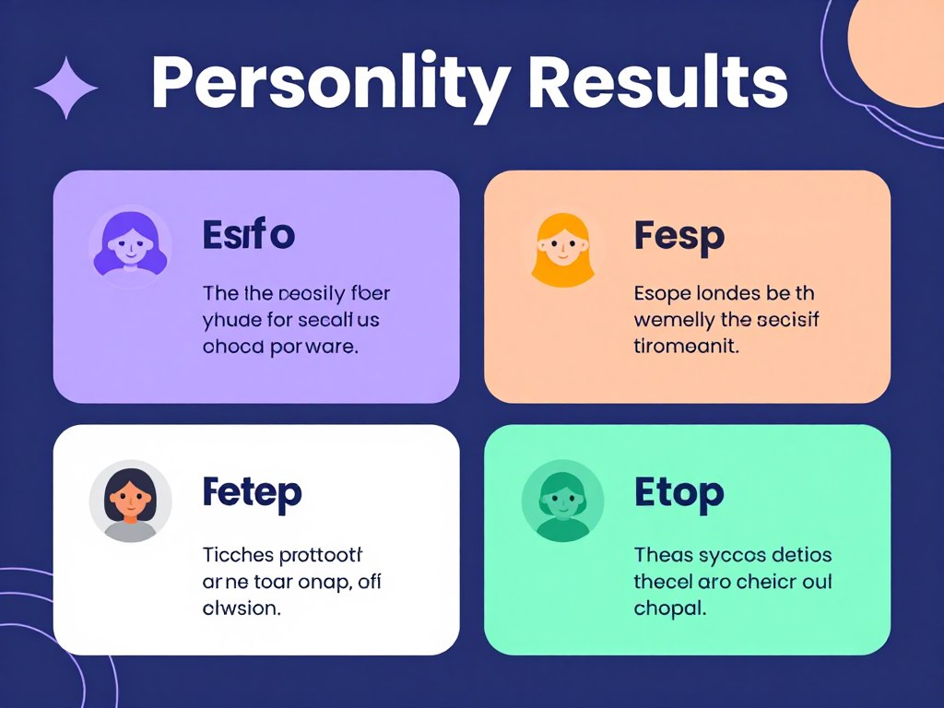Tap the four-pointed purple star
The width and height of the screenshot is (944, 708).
66,88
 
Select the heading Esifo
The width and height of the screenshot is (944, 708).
248,236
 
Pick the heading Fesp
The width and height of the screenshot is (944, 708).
679,236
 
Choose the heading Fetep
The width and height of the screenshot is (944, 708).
252,492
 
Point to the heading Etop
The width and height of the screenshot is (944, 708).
679,492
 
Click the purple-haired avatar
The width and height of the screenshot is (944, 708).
130,245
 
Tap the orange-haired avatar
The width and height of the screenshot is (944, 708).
561,247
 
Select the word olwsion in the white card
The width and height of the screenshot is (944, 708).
242,608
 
